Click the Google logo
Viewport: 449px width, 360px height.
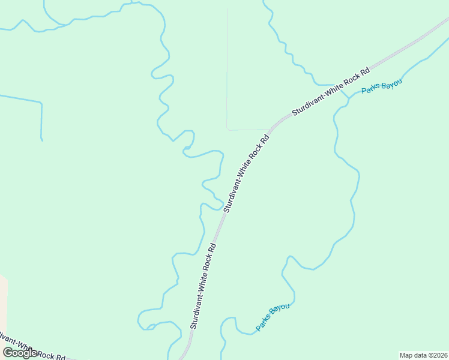[x=20, y=353]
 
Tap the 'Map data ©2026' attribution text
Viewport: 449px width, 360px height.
[x=423, y=355]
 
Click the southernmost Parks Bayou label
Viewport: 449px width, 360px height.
[x=273, y=317]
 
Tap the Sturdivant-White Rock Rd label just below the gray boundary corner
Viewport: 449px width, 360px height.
[x=246, y=173]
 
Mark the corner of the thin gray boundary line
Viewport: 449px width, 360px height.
[x=227, y=129]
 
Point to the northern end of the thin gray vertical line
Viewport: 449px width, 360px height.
[x=227, y=9]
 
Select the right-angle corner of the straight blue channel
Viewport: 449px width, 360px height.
[x=41, y=103]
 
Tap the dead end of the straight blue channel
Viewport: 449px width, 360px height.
[x=42, y=140]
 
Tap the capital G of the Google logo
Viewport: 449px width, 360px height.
[x=8, y=352]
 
